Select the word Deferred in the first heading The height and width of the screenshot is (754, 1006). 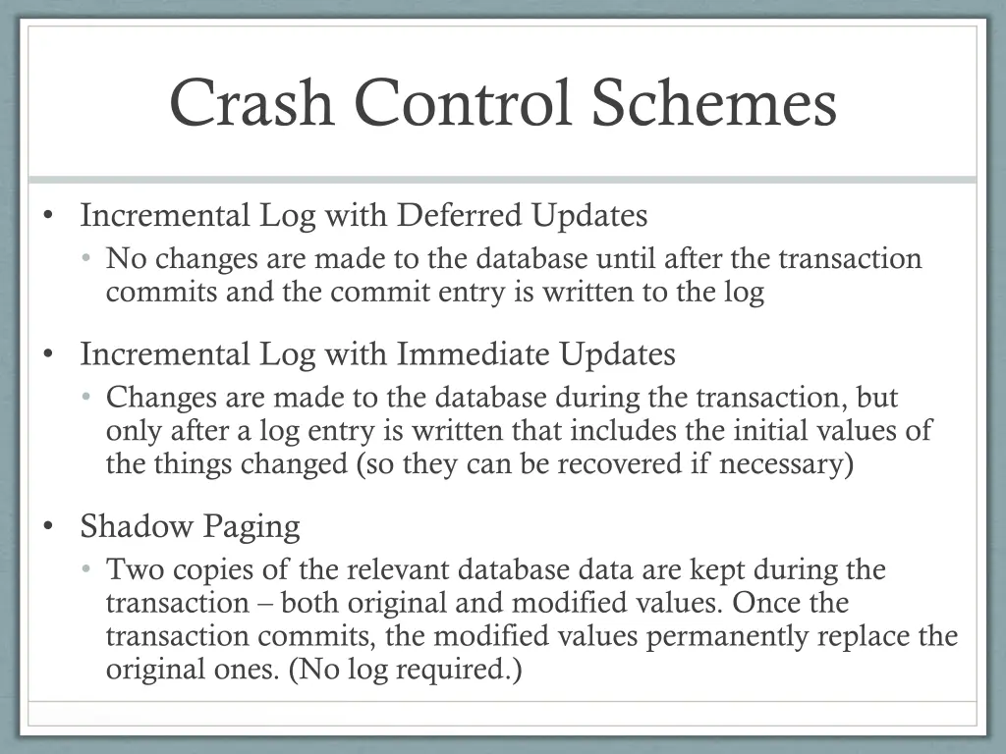tap(462, 215)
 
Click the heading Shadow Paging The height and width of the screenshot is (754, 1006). tap(190, 527)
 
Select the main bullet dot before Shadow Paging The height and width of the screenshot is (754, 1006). tap(48, 527)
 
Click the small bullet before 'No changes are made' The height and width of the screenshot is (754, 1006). tap(86, 259)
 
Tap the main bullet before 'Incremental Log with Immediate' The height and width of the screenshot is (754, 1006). tap(48, 354)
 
